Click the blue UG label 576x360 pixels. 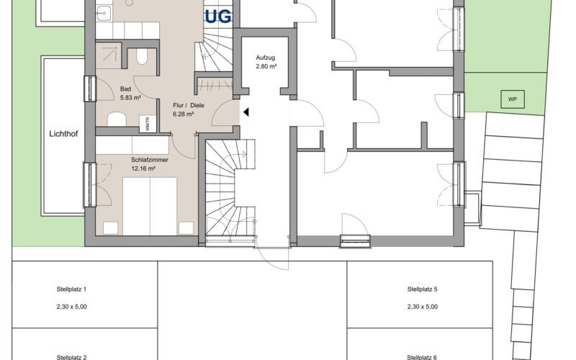click(218, 17)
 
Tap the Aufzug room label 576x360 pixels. click(265, 58)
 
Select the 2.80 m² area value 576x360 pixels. click(266, 66)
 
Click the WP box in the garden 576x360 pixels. click(513, 99)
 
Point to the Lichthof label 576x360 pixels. click(63, 134)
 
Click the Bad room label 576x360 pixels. click(125, 89)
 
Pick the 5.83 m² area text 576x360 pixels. click(130, 98)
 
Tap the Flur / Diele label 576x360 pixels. click(189, 105)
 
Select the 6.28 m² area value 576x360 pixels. click(184, 114)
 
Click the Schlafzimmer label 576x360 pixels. click(150, 160)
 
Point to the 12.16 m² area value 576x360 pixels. click(143, 169)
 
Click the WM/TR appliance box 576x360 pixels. click(148, 124)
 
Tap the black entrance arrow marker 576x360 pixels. click(246, 112)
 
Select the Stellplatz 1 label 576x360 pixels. click(71, 289)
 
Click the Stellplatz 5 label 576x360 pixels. click(423, 289)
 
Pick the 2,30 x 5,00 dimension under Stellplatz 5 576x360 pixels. click(423, 307)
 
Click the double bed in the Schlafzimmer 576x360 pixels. click(150, 207)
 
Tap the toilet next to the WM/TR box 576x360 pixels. click(117, 120)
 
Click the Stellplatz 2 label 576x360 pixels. click(71, 357)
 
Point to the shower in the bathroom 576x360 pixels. click(109, 55)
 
